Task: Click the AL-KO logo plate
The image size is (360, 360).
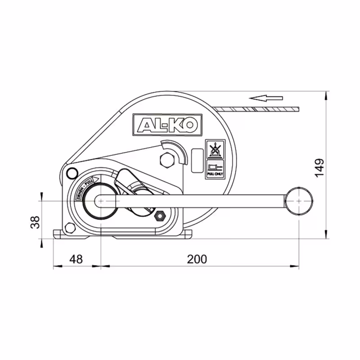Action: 167,124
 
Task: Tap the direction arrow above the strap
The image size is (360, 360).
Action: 267,98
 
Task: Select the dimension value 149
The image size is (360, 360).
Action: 319,167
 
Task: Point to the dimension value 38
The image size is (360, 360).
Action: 35,221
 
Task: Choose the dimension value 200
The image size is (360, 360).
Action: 197,259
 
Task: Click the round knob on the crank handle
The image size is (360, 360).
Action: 299,200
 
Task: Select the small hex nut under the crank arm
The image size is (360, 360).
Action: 159,217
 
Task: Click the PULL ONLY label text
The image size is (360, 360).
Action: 215,174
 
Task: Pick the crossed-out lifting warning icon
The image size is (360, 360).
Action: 215,148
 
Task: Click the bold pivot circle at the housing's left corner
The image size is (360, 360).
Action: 71,172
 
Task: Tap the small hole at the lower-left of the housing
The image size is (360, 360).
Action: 69,228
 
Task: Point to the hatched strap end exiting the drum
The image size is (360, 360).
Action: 259,109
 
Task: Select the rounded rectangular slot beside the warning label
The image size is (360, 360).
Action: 196,160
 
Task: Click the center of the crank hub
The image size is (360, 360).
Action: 101,200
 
